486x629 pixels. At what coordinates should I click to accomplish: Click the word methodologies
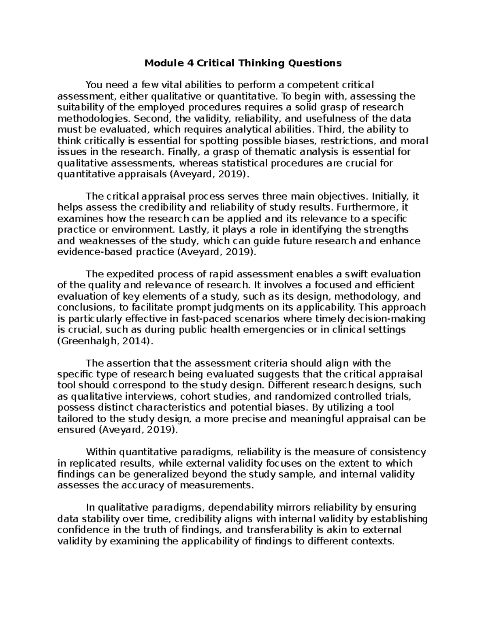pos(94,119)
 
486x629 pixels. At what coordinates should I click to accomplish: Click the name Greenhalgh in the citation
pos(83,341)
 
